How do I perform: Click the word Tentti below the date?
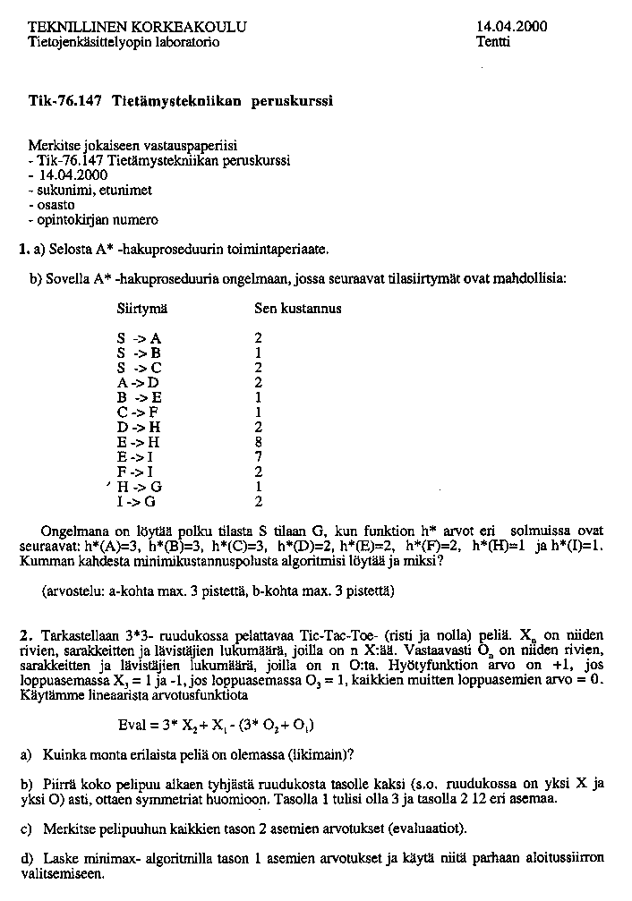(x=493, y=41)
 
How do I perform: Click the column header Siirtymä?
(x=141, y=309)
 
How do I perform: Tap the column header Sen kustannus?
(x=298, y=309)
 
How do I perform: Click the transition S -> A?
(x=139, y=338)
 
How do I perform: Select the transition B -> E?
(x=139, y=396)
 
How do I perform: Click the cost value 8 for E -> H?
(x=259, y=441)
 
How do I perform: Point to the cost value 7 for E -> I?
(x=259, y=456)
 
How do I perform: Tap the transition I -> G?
(x=139, y=501)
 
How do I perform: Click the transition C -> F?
(x=139, y=412)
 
